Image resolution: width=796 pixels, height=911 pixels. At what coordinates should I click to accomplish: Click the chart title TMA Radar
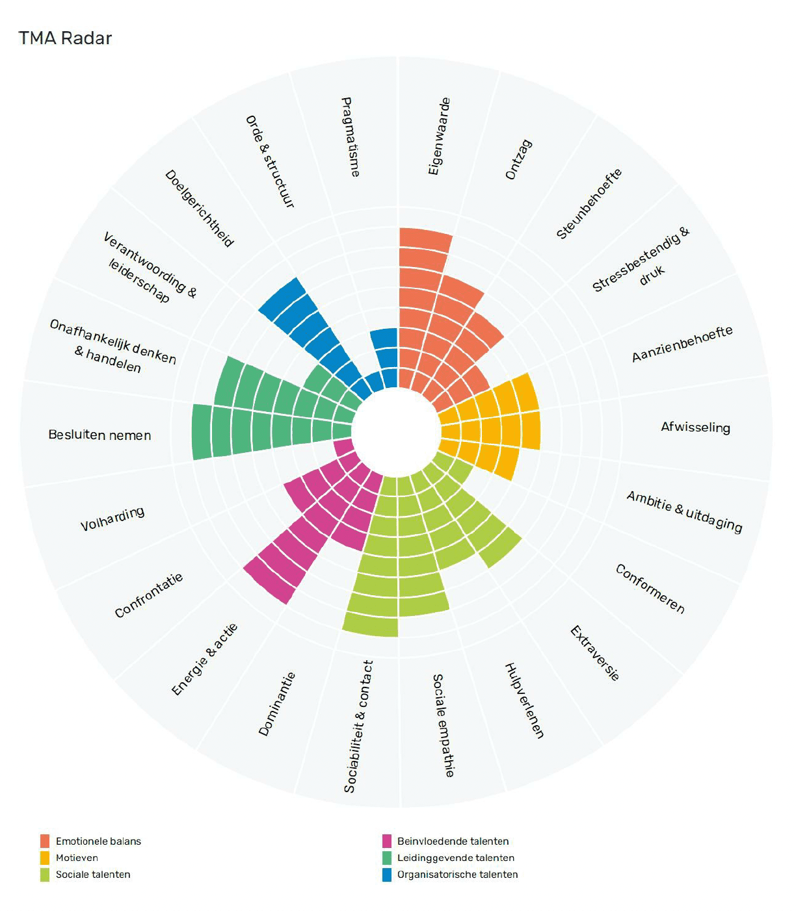tap(65, 38)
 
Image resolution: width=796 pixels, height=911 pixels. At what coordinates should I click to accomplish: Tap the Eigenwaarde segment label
tap(439, 136)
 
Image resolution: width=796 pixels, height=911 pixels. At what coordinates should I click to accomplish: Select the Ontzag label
tap(519, 159)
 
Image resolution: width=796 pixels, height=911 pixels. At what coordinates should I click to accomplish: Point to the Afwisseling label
tap(695, 427)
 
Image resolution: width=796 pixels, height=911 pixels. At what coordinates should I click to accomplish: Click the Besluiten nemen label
tap(99, 435)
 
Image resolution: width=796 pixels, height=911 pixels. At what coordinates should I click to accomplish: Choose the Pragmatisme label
tap(350, 136)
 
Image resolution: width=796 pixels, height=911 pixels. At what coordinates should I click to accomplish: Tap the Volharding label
tap(113, 519)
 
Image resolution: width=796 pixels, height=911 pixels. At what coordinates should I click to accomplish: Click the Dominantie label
tap(277, 704)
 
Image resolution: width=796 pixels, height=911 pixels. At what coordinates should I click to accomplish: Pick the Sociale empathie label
tap(444, 725)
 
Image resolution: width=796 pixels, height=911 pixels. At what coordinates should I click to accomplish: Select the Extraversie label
tap(594, 653)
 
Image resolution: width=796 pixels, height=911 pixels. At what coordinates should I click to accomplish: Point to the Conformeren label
tap(650, 589)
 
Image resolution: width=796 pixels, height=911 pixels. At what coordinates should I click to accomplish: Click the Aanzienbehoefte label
tap(682, 344)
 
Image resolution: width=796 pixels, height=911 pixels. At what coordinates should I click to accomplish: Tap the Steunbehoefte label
tap(589, 203)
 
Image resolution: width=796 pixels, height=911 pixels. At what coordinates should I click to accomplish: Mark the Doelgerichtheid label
tap(199, 209)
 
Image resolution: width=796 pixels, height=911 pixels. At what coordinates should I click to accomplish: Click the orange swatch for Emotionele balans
tap(45, 841)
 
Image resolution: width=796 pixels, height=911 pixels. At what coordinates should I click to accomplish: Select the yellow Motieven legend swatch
tap(45, 858)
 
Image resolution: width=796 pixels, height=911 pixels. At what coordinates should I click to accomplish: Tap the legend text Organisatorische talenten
tap(457, 875)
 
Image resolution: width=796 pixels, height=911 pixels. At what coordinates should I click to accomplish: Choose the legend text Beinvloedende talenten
tap(453, 841)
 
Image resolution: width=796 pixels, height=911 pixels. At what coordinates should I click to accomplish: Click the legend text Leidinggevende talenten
tap(455, 858)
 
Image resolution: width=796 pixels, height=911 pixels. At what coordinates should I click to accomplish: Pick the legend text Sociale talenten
tap(93, 875)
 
